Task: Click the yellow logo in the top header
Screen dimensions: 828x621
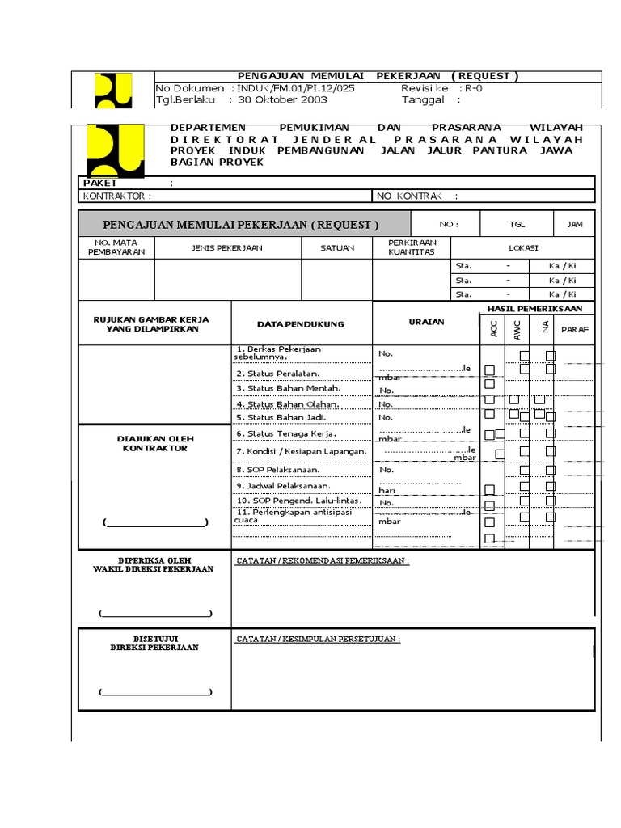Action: (113, 91)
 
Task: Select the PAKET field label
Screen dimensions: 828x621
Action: (101, 183)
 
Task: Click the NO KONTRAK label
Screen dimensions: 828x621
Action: (409, 196)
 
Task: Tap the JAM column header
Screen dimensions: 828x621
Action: (575, 224)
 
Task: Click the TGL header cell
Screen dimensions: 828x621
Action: (517, 224)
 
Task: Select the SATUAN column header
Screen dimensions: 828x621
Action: (336, 248)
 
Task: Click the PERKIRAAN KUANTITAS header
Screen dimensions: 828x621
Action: (412, 247)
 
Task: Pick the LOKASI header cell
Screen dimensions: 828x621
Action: (522, 248)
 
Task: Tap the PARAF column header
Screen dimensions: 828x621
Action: (575, 329)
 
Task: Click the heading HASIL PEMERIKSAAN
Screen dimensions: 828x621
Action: (534, 309)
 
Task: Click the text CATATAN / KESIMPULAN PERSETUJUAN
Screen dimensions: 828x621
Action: (318, 639)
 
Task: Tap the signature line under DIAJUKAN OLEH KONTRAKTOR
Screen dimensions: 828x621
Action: (155, 523)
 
